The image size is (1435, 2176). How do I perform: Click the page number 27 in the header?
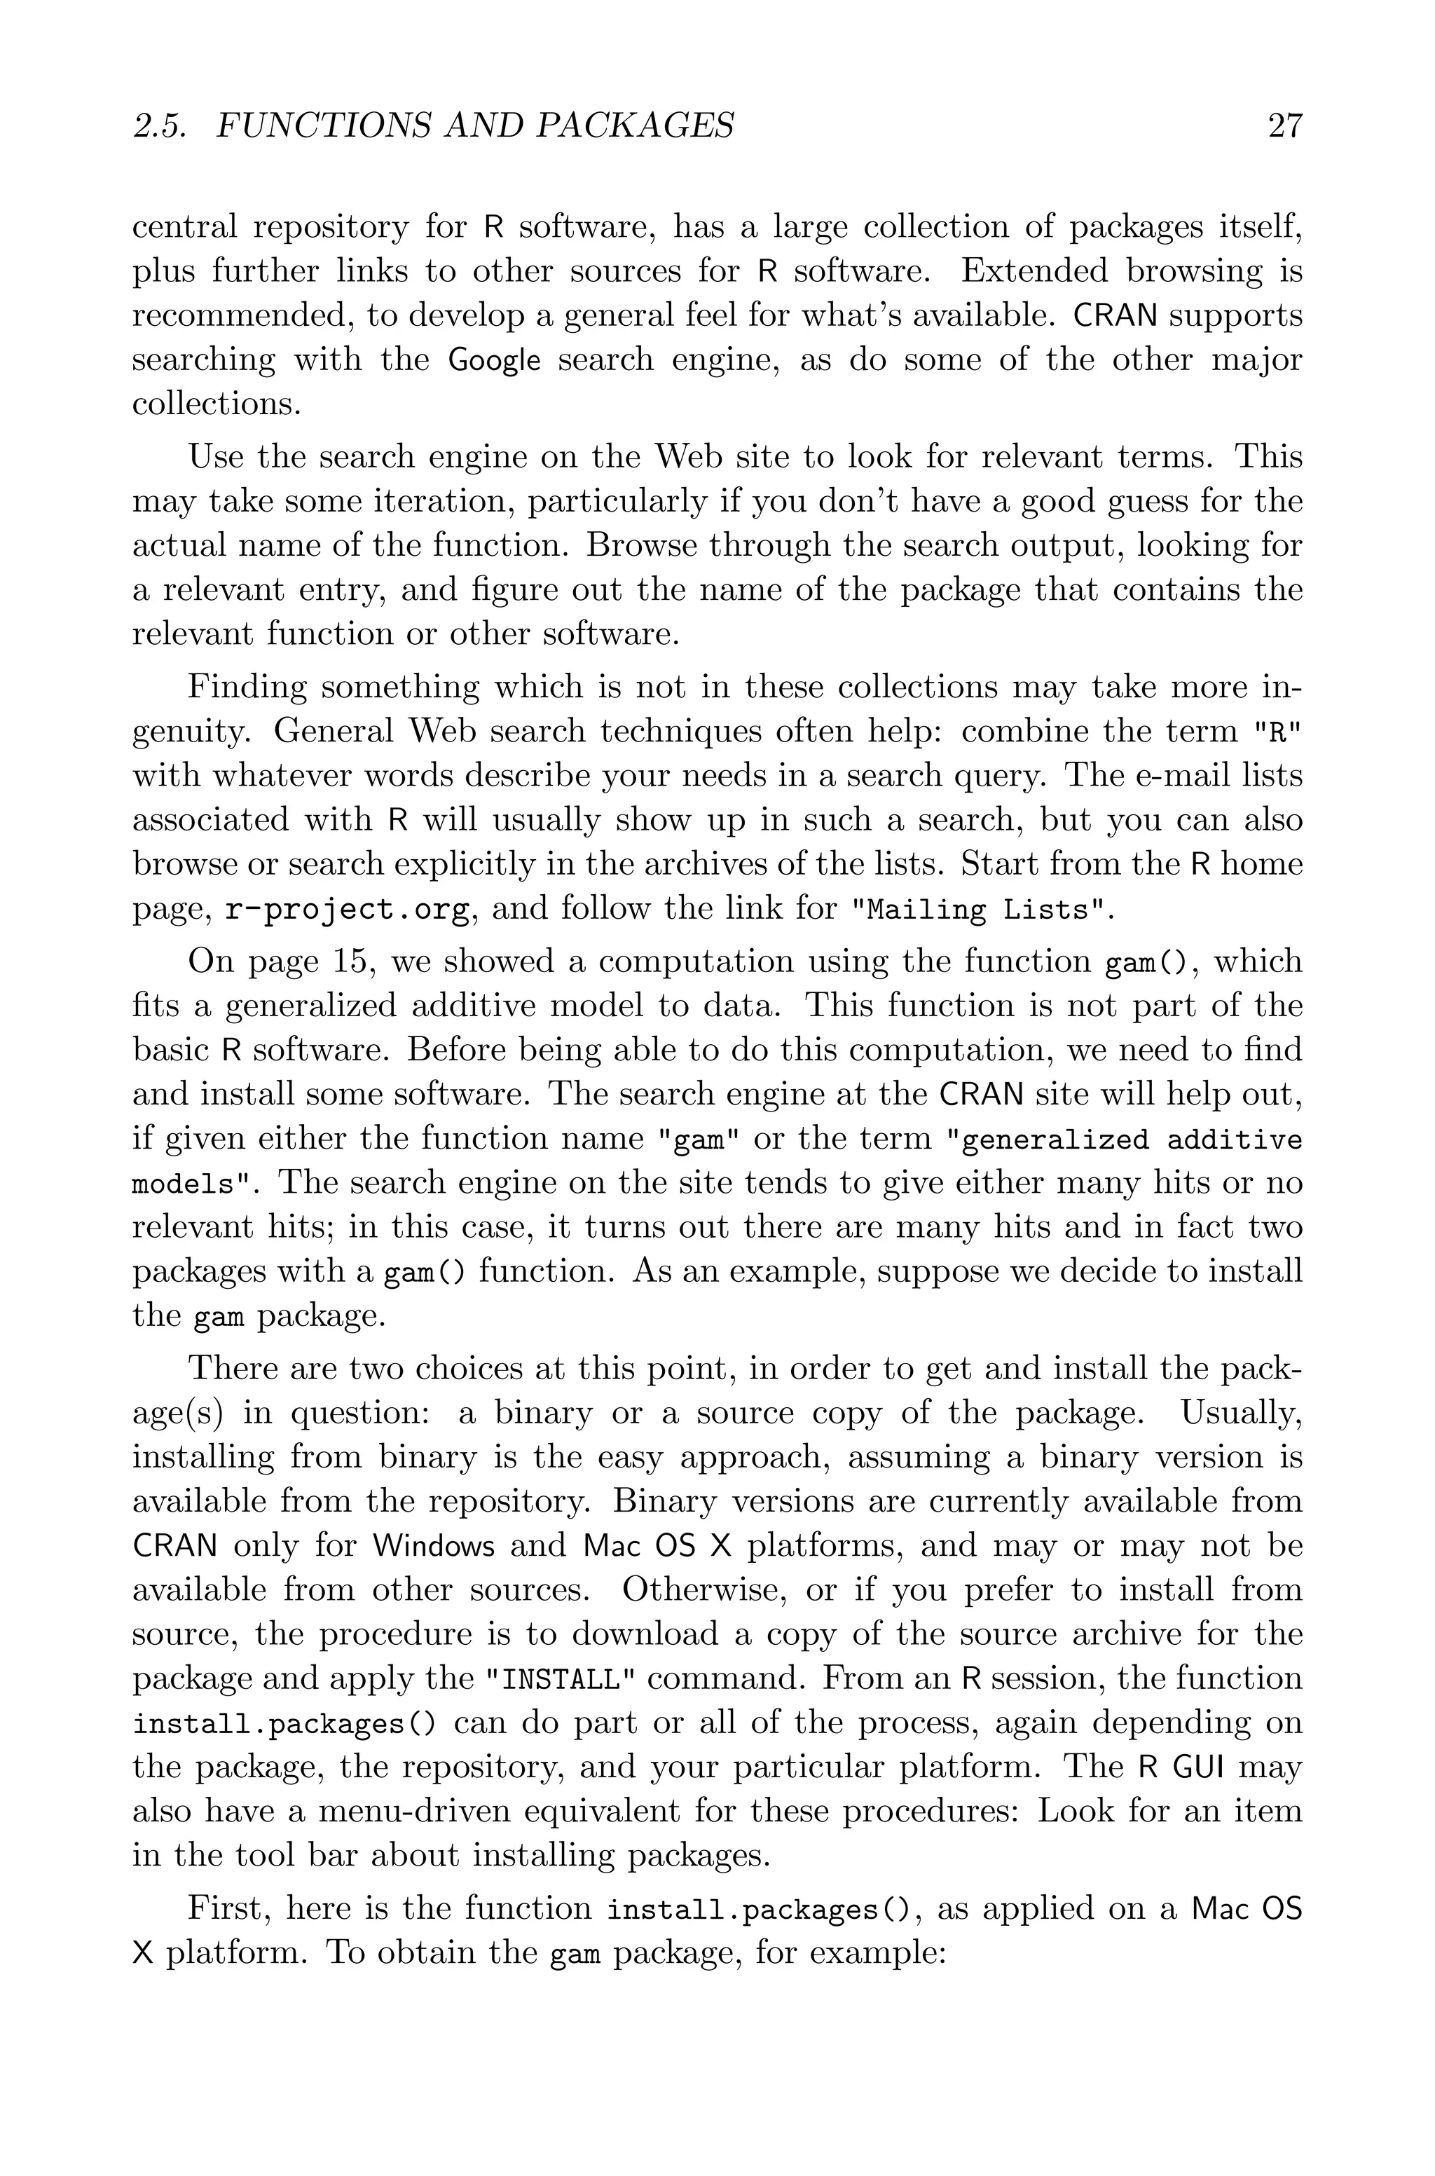coord(1284,125)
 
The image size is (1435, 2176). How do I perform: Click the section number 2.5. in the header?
coord(160,125)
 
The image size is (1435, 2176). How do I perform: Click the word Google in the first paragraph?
coord(493,360)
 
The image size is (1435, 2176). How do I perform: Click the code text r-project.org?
coord(349,909)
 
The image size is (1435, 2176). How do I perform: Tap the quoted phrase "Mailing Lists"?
coord(983,909)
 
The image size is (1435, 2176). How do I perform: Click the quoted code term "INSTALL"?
coord(559,1679)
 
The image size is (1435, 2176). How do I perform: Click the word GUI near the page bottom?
coord(1197,1767)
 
